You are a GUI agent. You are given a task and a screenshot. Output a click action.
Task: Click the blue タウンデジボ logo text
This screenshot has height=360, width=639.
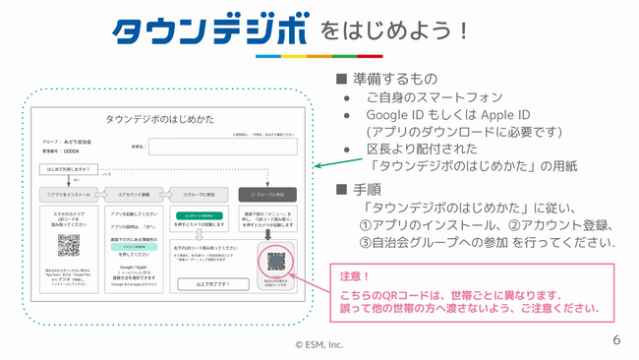pyautogui.click(x=208, y=31)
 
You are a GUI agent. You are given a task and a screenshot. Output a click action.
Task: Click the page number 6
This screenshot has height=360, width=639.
pyautogui.click(x=616, y=340)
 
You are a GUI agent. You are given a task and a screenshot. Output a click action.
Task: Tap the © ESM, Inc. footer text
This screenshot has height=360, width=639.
pyautogui.click(x=319, y=344)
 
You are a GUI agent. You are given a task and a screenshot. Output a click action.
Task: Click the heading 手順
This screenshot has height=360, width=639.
pyautogui.click(x=368, y=189)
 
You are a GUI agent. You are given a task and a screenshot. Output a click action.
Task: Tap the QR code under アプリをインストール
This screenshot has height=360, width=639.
pyautogui.click(x=68, y=245)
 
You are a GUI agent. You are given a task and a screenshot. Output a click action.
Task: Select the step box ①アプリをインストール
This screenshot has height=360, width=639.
pyautogui.click(x=68, y=194)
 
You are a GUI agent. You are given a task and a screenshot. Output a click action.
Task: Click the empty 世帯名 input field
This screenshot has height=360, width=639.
pyautogui.click(x=222, y=147)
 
